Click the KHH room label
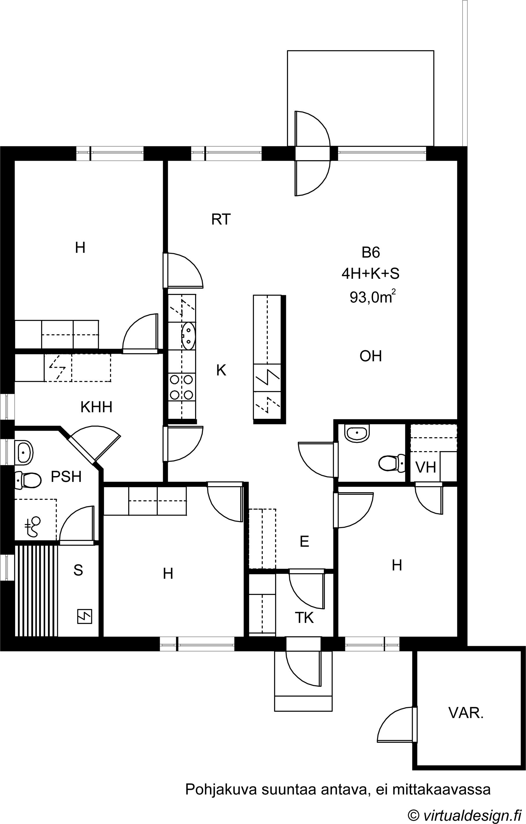(x=96, y=407)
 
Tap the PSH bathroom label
(x=66, y=477)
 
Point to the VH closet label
(x=425, y=467)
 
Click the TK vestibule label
(x=304, y=618)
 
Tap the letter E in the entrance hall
(x=304, y=542)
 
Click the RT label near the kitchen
(x=221, y=219)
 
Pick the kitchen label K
(x=221, y=370)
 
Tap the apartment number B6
(x=371, y=253)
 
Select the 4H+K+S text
(x=371, y=274)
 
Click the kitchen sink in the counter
(x=188, y=336)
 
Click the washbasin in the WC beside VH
(x=357, y=433)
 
